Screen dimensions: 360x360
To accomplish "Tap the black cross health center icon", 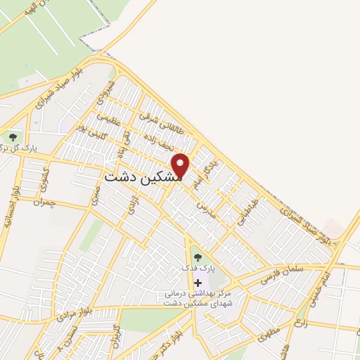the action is (197, 282).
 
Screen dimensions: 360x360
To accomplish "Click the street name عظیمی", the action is (104, 118).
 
